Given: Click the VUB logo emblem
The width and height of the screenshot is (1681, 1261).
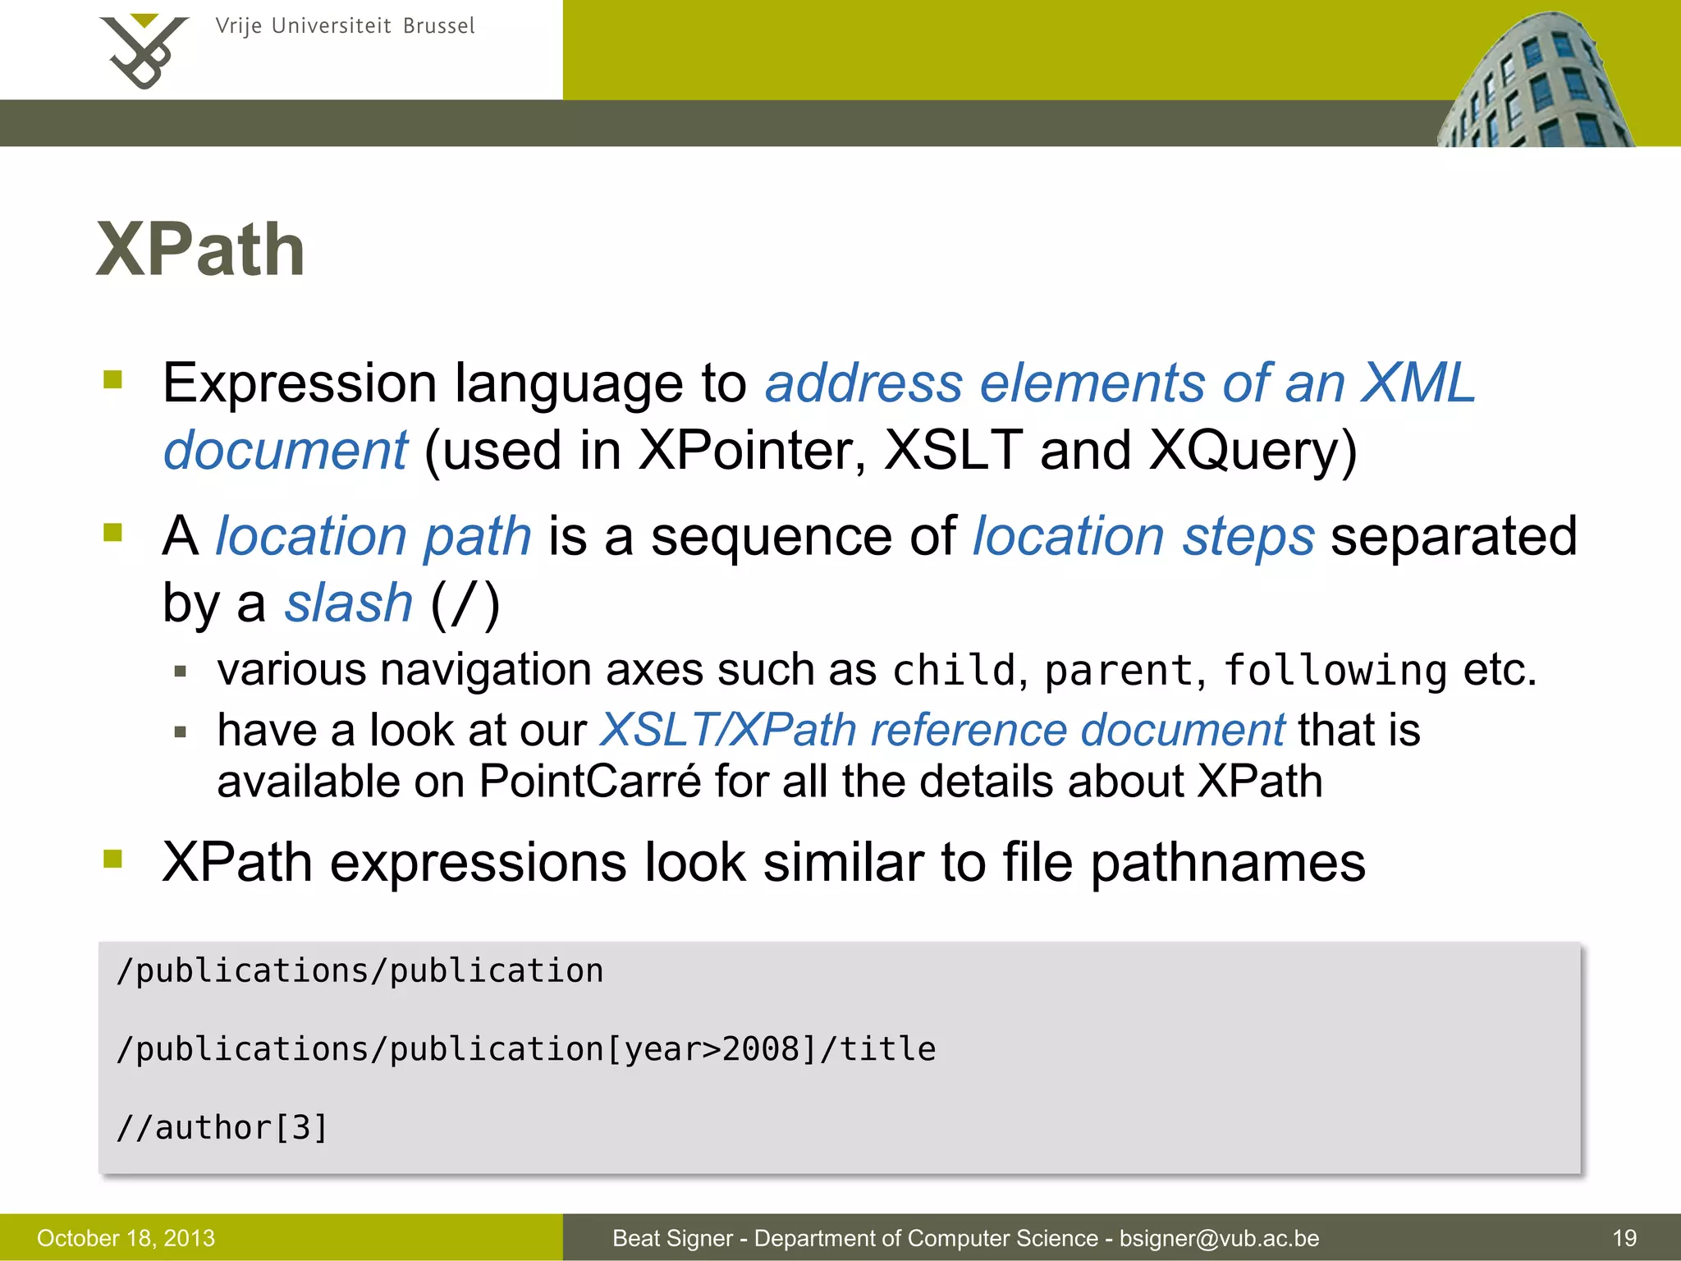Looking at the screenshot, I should pos(143,51).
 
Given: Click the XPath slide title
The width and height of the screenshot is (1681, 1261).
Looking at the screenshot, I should pos(200,250).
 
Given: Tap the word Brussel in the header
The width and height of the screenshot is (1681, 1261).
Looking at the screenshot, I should pos(438,26).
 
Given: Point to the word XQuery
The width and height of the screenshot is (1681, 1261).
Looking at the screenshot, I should pos(1252,451).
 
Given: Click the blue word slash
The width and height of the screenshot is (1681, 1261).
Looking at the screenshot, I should pos(348,603).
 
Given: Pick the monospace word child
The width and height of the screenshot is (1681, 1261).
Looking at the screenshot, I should pos(955,671).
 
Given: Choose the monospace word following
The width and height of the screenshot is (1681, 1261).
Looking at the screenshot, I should pos(1335,671).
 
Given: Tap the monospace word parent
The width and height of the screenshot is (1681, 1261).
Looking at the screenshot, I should pos(1118,671).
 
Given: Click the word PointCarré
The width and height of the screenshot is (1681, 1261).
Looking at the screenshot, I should pos(590,781).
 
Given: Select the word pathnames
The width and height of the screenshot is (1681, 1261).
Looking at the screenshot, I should pos(1228,863).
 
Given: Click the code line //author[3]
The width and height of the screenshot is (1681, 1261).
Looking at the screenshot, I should pos(222,1128).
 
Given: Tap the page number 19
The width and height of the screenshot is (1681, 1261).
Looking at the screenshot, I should pos(1624,1238).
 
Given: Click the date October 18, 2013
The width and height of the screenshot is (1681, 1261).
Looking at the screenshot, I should pos(126,1238).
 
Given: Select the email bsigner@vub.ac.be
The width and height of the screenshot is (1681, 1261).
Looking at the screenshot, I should pos(1219,1238).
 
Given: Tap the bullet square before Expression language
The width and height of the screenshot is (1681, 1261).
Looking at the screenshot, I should pos(112,380).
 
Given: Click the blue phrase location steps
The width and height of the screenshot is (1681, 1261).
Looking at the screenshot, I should pos(1143,537).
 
